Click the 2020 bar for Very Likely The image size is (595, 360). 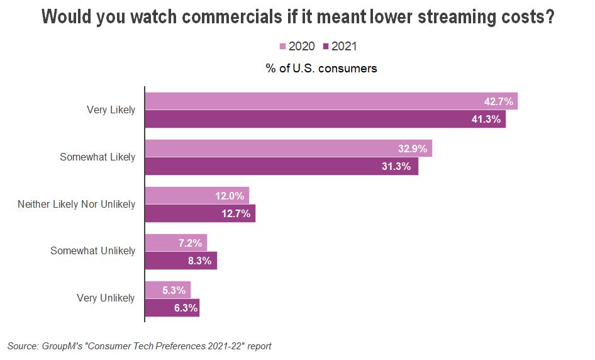(x=331, y=101)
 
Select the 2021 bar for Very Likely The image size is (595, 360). (x=325, y=119)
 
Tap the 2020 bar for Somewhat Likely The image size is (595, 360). (x=288, y=149)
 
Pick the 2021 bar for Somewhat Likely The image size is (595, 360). (x=281, y=166)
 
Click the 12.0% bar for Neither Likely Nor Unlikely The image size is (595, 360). (x=197, y=196)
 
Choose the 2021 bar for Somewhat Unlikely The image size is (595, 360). (x=181, y=260)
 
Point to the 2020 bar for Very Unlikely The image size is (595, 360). (x=167, y=290)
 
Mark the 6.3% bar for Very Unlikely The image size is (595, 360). (x=172, y=308)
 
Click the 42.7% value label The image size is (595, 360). (x=498, y=101)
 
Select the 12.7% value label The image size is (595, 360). (x=236, y=213)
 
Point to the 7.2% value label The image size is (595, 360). (x=190, y=242)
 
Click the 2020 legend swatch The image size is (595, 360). (x=282, y=47)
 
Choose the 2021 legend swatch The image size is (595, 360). (x=326, y=47)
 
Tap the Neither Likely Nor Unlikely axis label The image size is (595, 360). (x=76, y=205)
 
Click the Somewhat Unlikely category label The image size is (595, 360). (x=92, y=251)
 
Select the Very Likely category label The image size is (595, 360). (x=111, y=110)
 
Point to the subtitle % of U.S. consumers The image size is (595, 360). (x=321, y=69)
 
